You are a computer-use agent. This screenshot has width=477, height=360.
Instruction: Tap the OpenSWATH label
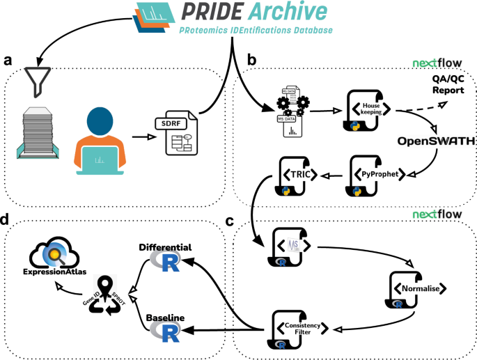[x=436, y=141]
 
